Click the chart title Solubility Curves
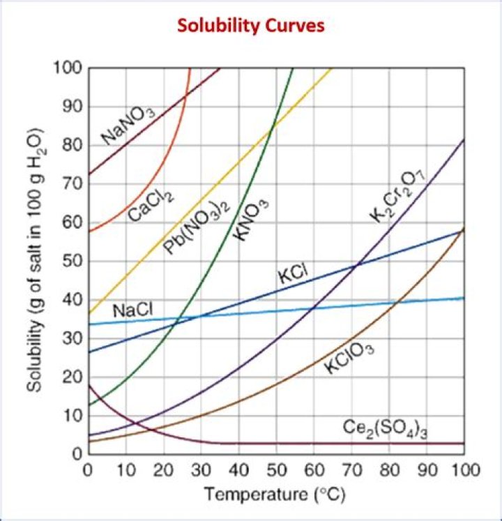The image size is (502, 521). [250, 27]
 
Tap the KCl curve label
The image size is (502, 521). [292, 272]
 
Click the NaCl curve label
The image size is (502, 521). [132, 310]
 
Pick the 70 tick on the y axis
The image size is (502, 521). [72, 185]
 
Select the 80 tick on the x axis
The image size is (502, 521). [389, 469]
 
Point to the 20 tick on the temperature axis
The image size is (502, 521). [163, 469]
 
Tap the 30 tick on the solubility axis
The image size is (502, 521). [72, 339]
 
